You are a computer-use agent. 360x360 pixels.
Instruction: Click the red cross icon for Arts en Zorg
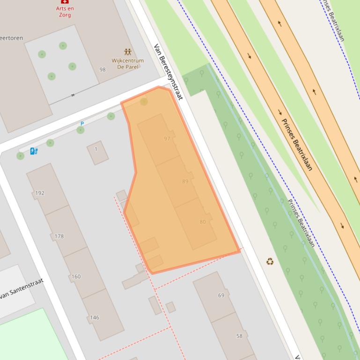[x=65, y=2]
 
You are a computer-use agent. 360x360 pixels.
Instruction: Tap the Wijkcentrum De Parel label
[x=127, y=64]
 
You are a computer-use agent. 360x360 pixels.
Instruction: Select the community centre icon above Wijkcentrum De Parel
[x=127, y=52]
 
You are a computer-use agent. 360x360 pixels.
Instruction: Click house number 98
[x=103, y=70]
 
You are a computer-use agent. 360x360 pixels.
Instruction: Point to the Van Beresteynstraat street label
[x=168, y=71]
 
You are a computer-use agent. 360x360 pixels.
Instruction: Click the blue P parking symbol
[x=82, y=124]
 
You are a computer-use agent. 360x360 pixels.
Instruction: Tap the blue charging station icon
[x=34, y=151]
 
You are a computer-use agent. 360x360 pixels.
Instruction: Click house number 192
[x=40, y=193]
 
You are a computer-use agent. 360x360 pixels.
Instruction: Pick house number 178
[x=59, y=236]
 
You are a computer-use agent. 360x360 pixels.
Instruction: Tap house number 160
[x=76, y=276]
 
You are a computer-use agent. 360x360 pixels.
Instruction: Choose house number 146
[x=95, y=317]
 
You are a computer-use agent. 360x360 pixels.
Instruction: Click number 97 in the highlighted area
[x=167, y=139]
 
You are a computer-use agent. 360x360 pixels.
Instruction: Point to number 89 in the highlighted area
[x=185, y=181]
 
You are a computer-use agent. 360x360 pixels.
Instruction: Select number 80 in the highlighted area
[x=202, y=222]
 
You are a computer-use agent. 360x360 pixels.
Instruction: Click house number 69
[x=221, y=295]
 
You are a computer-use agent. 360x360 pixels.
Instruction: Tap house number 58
[x=239, y=336]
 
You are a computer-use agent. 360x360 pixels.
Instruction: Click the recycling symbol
[x=270, y=261]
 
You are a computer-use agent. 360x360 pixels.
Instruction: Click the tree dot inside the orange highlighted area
[x=144, y=101]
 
